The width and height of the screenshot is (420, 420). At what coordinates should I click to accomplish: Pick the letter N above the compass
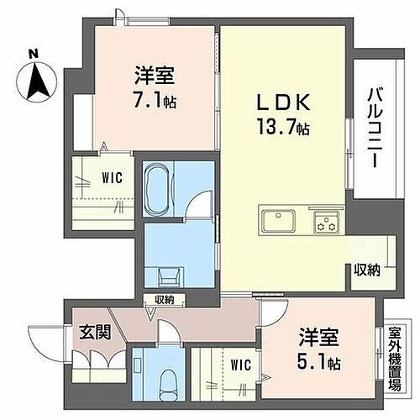point(33,55)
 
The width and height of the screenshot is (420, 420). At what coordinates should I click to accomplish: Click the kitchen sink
point(277,223)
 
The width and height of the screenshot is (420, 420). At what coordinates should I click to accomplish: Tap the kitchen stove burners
point(326,223)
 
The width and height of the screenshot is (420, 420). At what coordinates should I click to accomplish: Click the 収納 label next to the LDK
point(366,270)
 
